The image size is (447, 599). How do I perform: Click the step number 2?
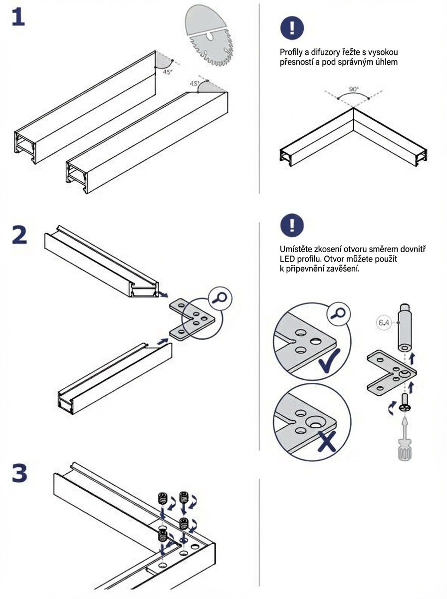19,235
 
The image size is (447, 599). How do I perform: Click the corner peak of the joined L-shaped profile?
354,108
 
